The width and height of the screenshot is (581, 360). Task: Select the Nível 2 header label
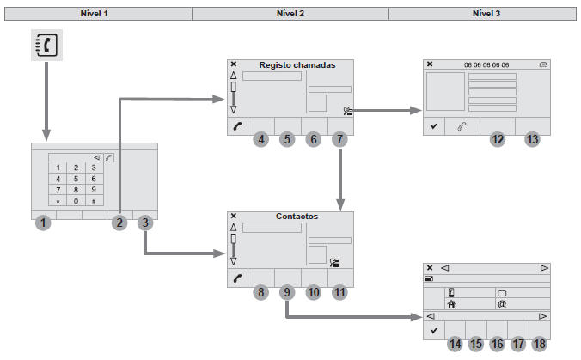pyautogui.click(x=290, y=13)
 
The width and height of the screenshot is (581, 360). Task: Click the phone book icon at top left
pyautogui.click(x=46, y=50)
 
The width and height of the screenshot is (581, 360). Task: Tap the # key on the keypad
pyautogui.click(x=93, y=200)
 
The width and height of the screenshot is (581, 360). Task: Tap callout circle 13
pyautogui.click(x=533, y=139)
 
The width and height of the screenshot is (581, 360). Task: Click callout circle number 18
pyautogui.click(x=539, y=344)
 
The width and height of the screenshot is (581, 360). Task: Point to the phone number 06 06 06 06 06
pyautogui.click(x=486, y=64)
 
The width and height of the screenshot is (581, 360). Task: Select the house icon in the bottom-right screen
pyautogui.click(x=450, y=303)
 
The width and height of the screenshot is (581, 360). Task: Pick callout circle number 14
pyautogui.click(x=456, y=344)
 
